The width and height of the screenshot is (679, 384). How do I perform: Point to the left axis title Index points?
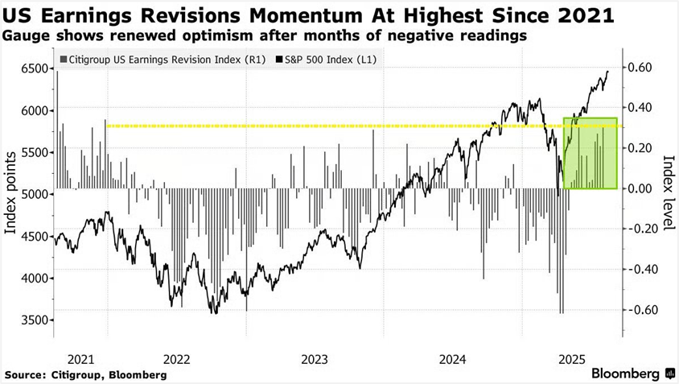(10, 192)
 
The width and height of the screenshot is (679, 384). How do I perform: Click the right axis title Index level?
(667, 192)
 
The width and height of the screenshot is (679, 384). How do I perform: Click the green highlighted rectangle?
(591, 153)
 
